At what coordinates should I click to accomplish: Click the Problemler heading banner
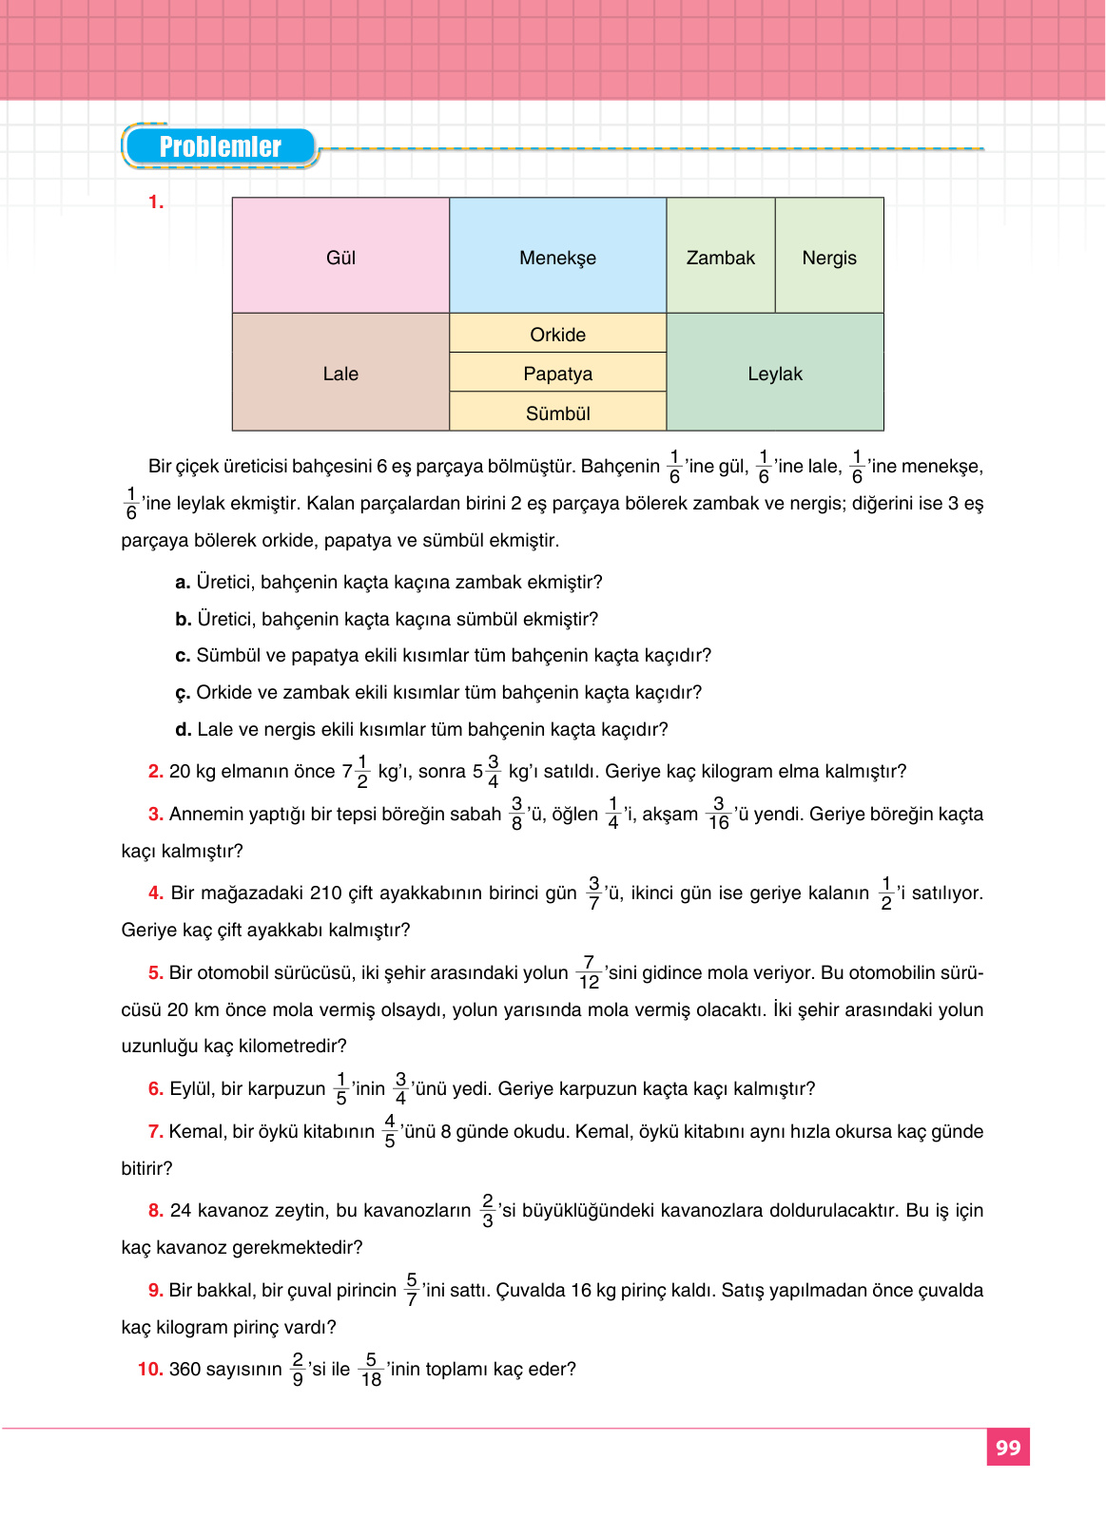click(x=220, y=147)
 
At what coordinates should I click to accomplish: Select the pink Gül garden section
click(x=340, y=256)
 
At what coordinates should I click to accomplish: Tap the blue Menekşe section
click(x=557, y=256)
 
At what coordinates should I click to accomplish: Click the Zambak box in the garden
click(x=720, y=256)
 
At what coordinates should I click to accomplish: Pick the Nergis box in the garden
click(x=829, y=256)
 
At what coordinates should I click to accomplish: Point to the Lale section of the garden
click(x=340, y=373)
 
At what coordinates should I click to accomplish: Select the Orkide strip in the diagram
click(x=557, y=334)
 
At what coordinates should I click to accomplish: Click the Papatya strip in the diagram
click(x=557, y=373)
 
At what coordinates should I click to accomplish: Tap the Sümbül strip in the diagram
click(x=557, y=413)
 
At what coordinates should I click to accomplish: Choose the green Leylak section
click(x=775, y=373)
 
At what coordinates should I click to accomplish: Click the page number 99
click(x=1007, y=1447)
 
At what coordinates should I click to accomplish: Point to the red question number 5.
click(x=155, y=972)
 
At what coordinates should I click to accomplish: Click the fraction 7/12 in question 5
click(x=589, y=972)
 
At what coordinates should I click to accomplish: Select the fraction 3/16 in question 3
click(x=718, y=814)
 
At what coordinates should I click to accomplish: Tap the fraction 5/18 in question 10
click(x=371, y=1370)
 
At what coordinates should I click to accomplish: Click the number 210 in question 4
click(x=325, y=893)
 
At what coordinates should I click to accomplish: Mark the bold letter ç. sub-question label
click(x=183, y=693)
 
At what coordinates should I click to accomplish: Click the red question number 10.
click(x=150, y=1370)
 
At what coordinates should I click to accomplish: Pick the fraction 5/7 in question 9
click(x=412, y=1290)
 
